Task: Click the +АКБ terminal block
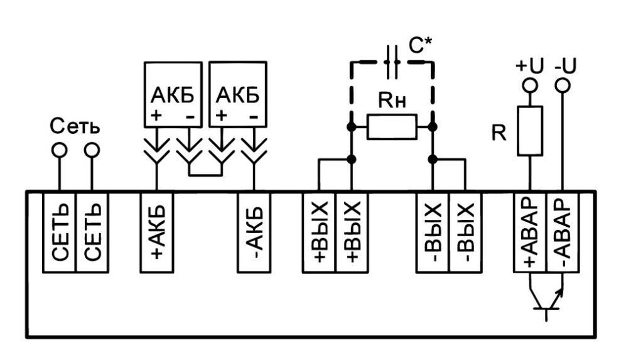[155, 232]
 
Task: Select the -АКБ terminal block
[254, 232]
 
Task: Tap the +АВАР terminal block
[531, 232]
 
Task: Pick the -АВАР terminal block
[563, 232]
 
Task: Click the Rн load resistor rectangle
[392, 128]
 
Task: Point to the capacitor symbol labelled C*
[392, 62]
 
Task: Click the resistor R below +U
[531, 131]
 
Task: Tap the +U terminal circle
[531, 85]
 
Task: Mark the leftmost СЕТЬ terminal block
[59, 232]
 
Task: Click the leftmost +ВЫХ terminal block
[319, 232]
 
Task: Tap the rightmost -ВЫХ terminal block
[465, 232]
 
